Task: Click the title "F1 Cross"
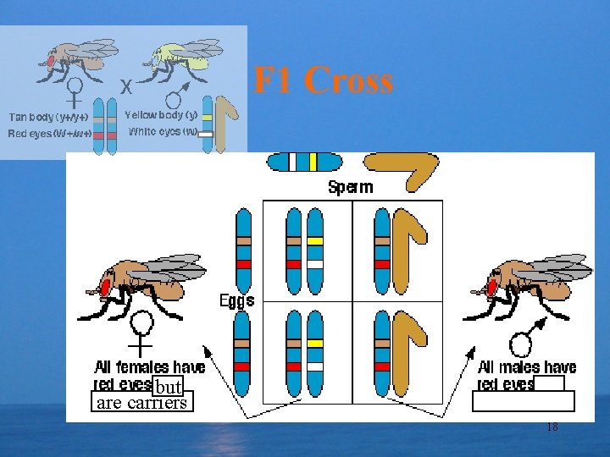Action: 324,81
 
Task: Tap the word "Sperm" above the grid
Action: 350,187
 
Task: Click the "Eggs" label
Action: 237,300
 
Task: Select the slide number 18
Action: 552,427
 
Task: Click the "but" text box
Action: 169,387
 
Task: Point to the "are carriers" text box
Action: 141,403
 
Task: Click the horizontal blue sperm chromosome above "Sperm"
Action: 305,162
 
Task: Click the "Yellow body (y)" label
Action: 161,114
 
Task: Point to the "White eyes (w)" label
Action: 163,131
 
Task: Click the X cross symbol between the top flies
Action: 125,86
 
